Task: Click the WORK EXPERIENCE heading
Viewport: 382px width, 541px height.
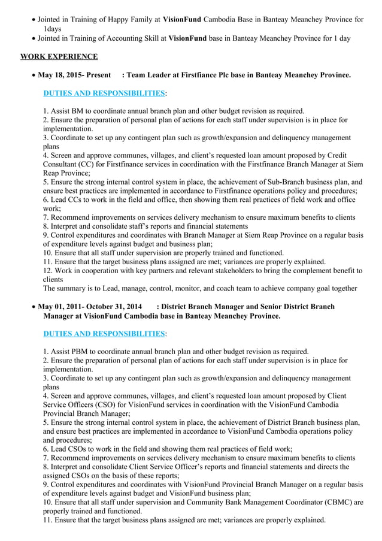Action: coord(59,57)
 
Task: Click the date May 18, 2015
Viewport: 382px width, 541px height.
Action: coord(60,75)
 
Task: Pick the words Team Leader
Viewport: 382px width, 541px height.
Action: coord(150,75)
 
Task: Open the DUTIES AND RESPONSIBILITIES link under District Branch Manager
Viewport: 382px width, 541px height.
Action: coord(104,333)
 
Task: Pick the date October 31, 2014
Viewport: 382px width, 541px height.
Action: coord(114,306)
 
